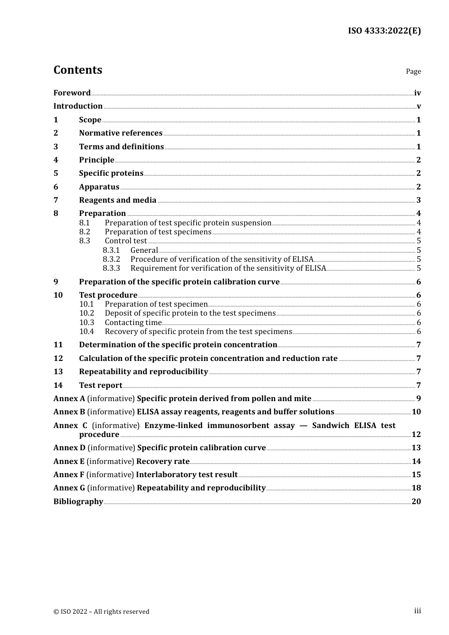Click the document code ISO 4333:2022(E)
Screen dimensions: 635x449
pos(384,31)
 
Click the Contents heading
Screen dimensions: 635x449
pos(78,70)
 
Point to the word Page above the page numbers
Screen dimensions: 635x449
pos(413,71)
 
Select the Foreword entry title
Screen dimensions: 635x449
pos(72,93)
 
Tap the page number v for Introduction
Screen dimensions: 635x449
pos(418,106)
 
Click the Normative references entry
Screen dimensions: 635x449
pos(121,133)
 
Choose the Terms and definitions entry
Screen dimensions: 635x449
pos(121,147)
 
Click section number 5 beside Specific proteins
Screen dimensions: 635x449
pos(56,173)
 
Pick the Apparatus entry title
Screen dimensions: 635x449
pos(99,187)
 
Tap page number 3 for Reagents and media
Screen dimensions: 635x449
pos(418,200)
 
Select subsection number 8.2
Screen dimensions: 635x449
pos(85,232)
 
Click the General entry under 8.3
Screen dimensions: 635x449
pos(144,250)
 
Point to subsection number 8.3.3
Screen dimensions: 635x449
pos(112,268)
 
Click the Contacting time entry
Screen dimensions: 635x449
pos(133,323)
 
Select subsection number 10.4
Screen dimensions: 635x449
pos(86,332)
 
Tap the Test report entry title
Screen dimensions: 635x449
pos(100,386)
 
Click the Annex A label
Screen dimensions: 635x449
pos(69,399)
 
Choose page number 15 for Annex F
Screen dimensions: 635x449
pos(416,475)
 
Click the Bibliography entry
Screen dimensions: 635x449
pos(78,502)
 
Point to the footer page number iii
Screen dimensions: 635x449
pos(417,611)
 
